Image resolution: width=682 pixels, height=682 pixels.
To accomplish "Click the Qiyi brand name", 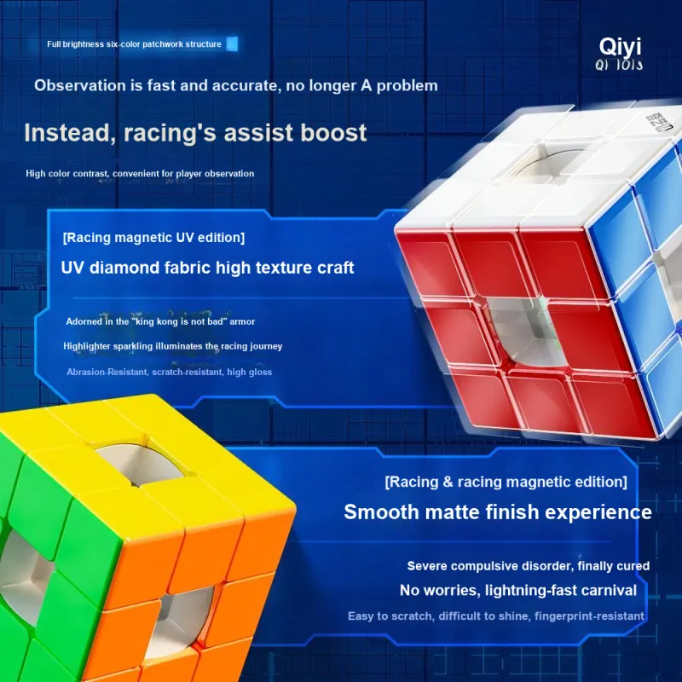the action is (x=621, y=47).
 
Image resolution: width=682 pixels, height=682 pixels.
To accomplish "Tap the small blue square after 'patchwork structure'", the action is (x=232, y=44).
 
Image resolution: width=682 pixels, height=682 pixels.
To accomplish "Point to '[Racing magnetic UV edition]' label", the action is (x=153, y=238).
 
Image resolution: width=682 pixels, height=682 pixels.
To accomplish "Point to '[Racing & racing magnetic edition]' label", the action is (x=506, y=482).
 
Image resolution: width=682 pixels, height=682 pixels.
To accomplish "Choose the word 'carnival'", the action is (x=609, y=590).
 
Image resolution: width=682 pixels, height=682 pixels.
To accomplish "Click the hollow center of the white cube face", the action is (x=549, y=164).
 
